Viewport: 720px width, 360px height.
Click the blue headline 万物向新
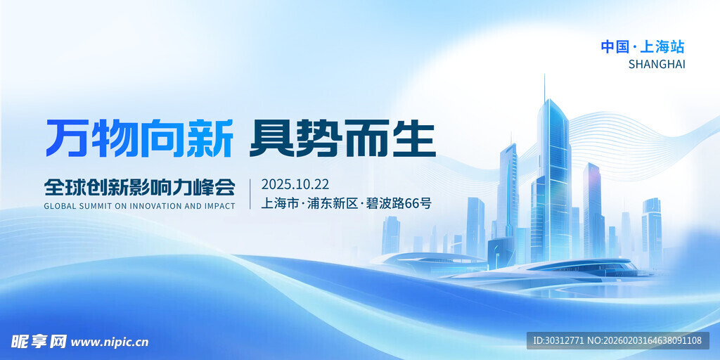(x=139, y=139)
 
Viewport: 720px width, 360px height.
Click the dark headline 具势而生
(x=343, y=139)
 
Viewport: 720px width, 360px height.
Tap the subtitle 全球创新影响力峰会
(x=139, y=187)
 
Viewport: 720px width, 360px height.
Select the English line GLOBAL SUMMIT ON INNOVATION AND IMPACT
(x=139, y=207)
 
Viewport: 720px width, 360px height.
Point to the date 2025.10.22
(x=295, y=185)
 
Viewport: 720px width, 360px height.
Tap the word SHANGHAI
(x=656, y=65)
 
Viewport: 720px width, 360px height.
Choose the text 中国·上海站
(x=642, y=47)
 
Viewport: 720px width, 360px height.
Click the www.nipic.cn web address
(x=110, y=342)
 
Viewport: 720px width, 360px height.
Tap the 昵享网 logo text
(x=39, y=342)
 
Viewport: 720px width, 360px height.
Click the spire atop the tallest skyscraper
(x=544, y=86)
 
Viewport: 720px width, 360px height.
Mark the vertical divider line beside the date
(x=250, y=194)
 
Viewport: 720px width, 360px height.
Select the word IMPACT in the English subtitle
(x=219, y=207)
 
